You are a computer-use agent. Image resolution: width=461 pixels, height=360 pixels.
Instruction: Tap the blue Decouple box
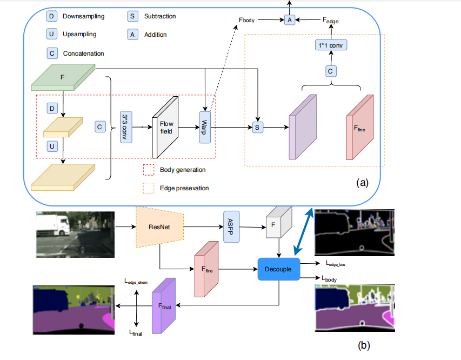(x=278, y=269)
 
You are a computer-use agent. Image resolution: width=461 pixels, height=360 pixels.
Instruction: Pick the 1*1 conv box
(x=330, y=45)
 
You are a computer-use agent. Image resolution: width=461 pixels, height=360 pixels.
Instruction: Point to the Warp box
(x=205, y=126)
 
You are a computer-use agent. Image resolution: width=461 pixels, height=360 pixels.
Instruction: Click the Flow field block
(x=165, y=126)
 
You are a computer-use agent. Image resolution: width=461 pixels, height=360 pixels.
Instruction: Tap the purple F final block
(x=164, y=305)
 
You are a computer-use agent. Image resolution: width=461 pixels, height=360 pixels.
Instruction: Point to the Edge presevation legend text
(x=185, y=188)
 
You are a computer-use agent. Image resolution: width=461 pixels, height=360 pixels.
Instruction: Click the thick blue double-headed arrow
(x=304, y=232)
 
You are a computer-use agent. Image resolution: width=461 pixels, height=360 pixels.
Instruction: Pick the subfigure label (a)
(x=362, y=183)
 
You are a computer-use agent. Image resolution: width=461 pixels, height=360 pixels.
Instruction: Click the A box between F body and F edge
(x=289, y=20)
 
